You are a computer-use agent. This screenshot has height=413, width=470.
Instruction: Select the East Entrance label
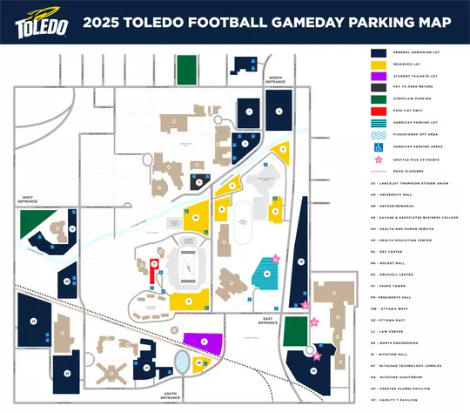[268, 321]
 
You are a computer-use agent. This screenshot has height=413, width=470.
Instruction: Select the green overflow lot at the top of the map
[186, 68]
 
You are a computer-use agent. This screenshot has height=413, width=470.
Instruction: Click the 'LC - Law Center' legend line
[399, 331]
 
